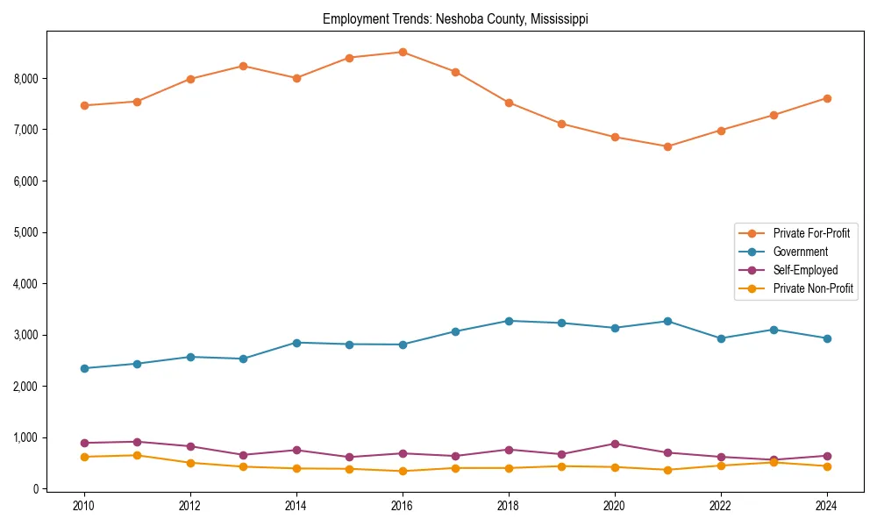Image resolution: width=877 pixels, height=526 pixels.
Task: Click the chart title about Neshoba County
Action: (x=455, y=18)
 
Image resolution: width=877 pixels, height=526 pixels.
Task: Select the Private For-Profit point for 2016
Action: (x=403, y=52)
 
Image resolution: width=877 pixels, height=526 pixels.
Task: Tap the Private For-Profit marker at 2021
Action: (x=667, y=146)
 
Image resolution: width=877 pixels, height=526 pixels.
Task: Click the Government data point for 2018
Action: (x=509, y=321)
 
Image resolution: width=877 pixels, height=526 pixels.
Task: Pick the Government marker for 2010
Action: (x=84, y=368)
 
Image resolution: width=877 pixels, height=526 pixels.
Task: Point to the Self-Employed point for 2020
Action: (x=615, y=444)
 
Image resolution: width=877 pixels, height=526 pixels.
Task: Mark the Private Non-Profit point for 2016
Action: (x=403, y=471)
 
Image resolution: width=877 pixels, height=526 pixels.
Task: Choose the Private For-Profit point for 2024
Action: (x=827, y=98)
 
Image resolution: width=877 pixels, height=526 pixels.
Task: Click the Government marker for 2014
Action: (x=296, y=343)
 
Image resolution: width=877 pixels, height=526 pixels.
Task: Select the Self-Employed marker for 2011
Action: (x=138, y=442)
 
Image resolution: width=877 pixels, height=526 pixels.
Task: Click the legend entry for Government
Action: (x=800, y=252)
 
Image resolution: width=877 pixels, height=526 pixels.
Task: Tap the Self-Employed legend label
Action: (x=805, y=270)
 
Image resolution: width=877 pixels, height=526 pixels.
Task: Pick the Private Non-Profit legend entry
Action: (x=813, y=288)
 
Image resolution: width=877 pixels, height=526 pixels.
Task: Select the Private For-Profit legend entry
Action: (x=811, y=233)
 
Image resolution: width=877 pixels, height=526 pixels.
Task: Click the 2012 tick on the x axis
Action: (x=190, y=506)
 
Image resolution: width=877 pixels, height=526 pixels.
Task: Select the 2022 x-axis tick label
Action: (x=721, y=506)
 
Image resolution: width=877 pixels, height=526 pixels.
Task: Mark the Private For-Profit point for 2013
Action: (x=244, y=66)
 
